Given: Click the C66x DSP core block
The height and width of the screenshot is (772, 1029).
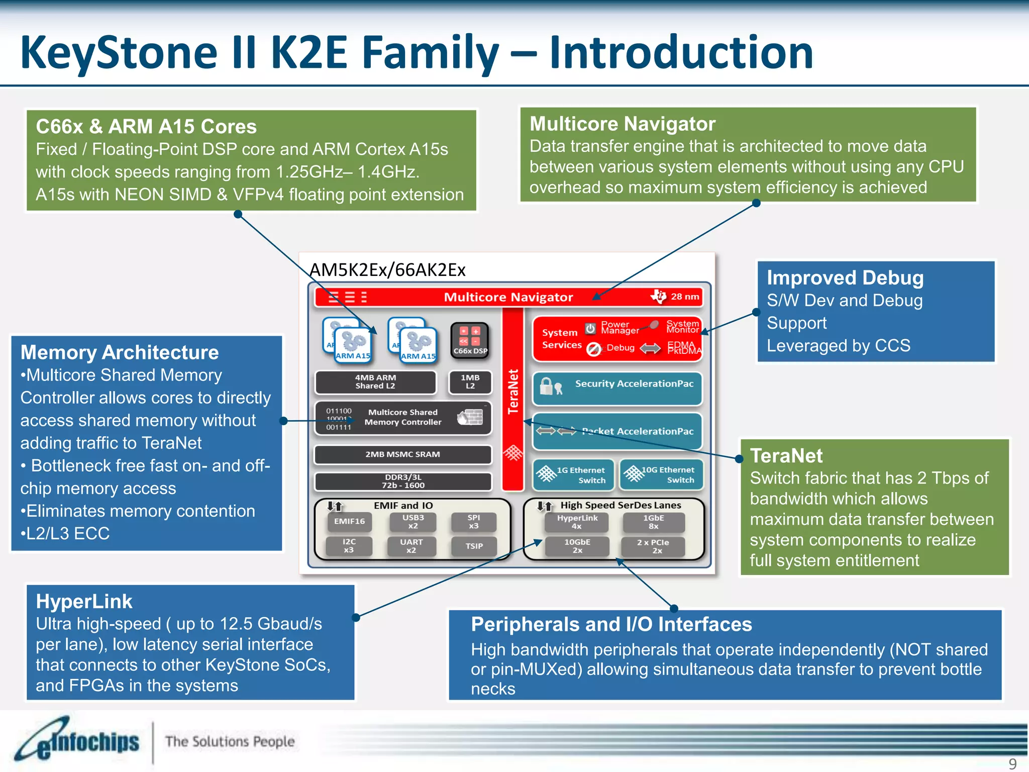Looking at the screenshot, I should click(470, 340).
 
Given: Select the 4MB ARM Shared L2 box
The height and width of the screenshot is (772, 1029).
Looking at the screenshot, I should click(375, 382).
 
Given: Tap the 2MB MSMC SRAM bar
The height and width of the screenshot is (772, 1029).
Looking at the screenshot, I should click(402, 454).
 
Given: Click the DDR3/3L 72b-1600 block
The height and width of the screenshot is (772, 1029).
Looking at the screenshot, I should click(402, 481).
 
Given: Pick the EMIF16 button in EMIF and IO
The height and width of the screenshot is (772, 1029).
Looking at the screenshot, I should click(350, 522).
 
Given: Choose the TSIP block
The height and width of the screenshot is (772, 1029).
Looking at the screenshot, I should click(474, 546).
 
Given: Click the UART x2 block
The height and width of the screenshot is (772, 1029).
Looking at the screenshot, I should click(411, 546).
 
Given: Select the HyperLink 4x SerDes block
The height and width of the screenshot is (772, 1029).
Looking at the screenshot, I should click(577, 522).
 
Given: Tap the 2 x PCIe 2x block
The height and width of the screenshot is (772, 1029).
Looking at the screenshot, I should click(653, 546).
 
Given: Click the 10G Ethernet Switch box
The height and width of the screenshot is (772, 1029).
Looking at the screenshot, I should click(661, 474).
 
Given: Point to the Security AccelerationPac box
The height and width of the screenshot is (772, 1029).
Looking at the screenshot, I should click(617, 388).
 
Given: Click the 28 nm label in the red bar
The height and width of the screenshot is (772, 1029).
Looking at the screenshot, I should click(684, 297).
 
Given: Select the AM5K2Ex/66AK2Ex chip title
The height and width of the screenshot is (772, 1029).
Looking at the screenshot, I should click(387, 270).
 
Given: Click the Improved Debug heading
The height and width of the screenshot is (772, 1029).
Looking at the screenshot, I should click(845, 278).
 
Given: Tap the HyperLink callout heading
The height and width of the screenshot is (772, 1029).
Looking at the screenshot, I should click(84, 602).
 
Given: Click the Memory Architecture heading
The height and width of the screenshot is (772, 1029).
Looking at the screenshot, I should click(120, 352).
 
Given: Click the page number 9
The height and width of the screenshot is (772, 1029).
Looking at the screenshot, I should click(1012, 763).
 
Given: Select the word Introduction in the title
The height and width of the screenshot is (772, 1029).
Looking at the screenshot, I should click(681, 52).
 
